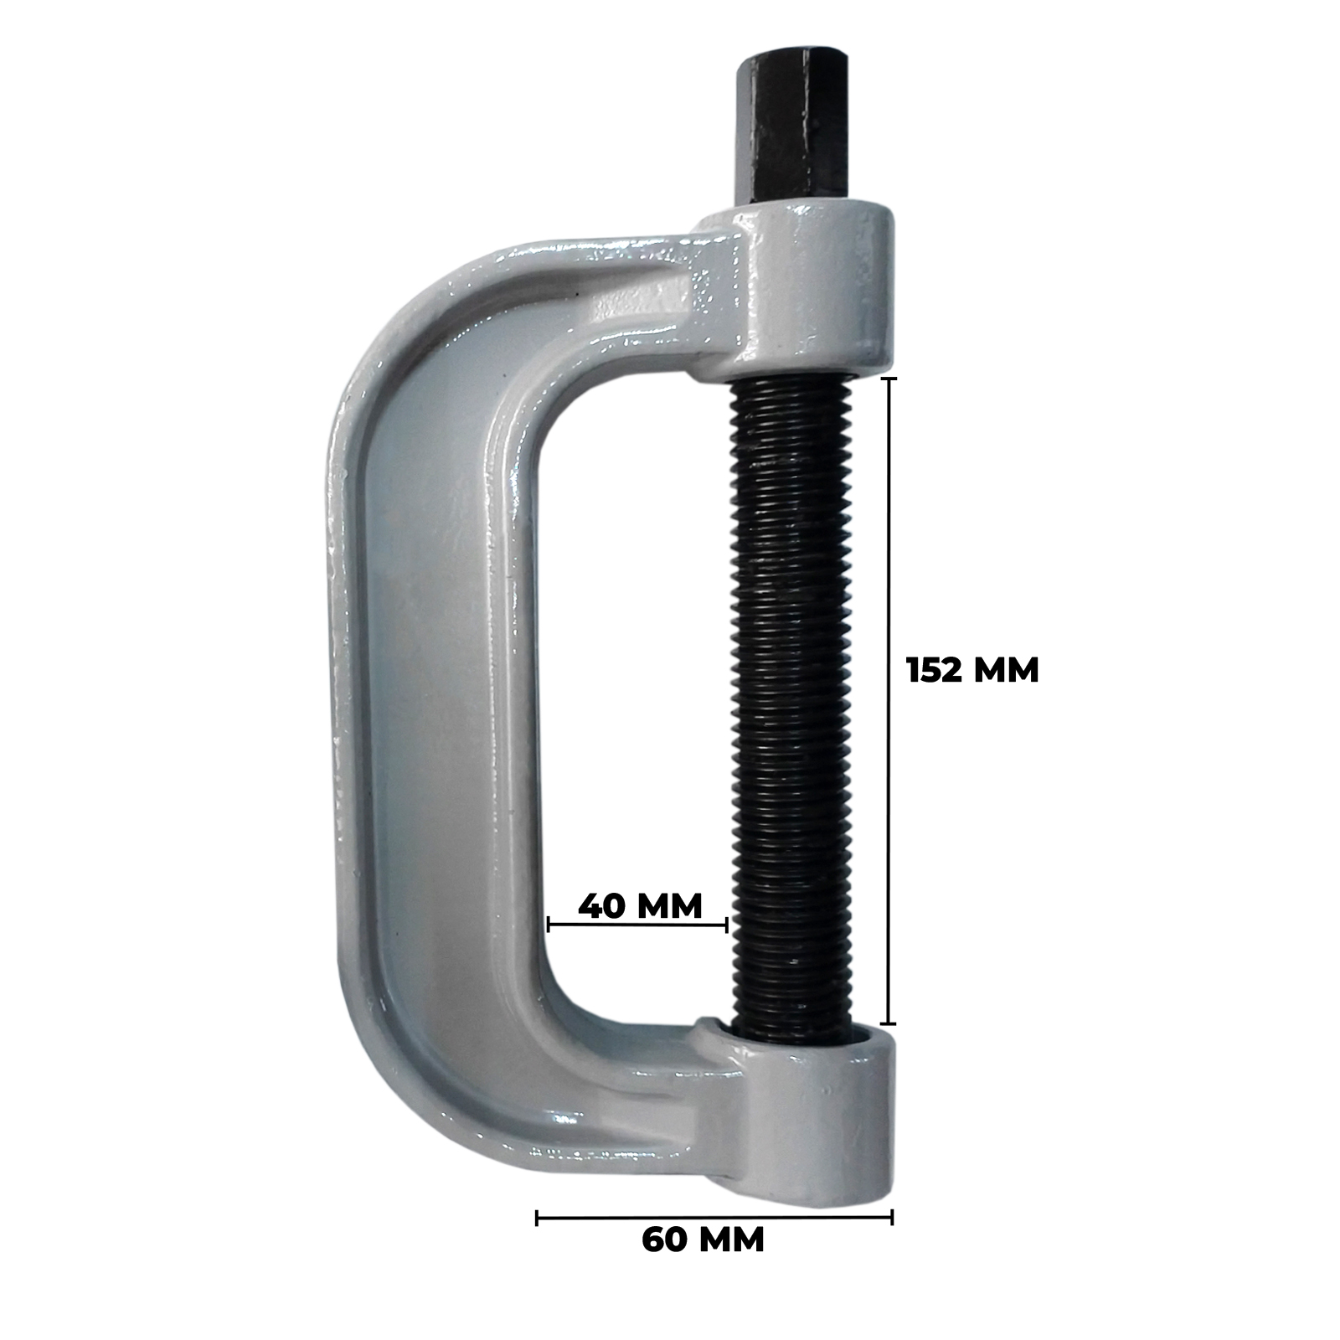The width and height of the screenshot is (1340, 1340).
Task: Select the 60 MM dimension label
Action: click(703, 1263)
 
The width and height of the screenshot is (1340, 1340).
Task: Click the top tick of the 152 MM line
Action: click(889, 379)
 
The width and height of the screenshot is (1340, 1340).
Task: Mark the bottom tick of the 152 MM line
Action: click(889, 1023)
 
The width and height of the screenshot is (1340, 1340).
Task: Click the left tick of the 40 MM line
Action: click(548, 925)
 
